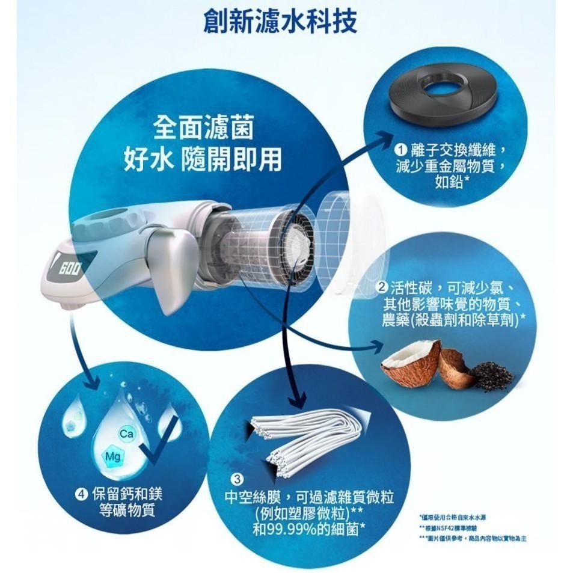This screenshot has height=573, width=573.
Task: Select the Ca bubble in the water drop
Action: point(126,434)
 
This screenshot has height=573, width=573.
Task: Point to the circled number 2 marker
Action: point(381,287)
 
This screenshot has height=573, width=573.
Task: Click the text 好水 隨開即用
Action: point(203,159)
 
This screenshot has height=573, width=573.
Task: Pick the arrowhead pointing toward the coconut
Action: point(379,346)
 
